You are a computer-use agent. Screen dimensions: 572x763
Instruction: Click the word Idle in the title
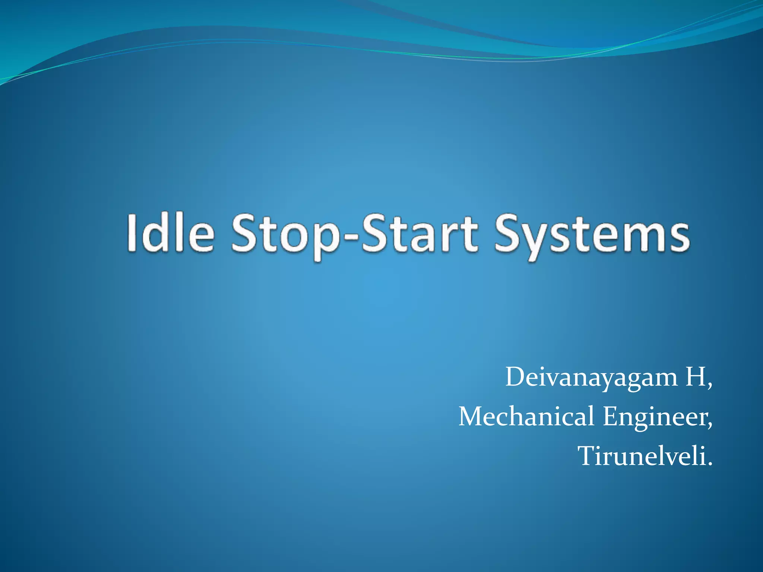coord(171,233)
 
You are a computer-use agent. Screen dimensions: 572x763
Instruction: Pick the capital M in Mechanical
coord(471,417)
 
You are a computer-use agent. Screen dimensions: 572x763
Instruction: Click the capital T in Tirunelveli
coord(588,456)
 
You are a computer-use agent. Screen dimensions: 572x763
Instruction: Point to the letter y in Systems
coord(539,240)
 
